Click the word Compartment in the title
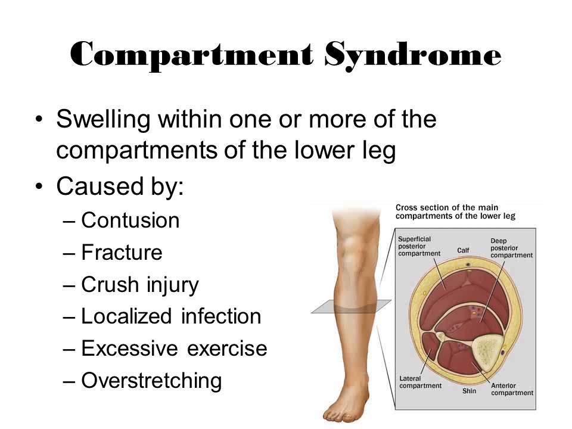pyautogui.click(x=191, y=55)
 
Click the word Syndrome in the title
pyautogui.click(x=413, y=55)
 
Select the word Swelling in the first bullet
pyautogui.click(x=103, y=120)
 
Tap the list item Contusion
pyautogui.click(x=130, y=220)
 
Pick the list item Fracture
pyautogui.click(x=122, y=253)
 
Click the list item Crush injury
pyautogui.click(x=139, y=285)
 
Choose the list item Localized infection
pyautogui.click(x=171, y=316)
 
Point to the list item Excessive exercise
pyautogui.click(x=174, y=349)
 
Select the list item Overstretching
pyautogui.click(x=151, y=381)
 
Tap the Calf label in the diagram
pyautogui.click(x=464, y=250)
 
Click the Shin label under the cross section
pyautogui.click(x=469, y=391)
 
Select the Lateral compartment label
pyautogui.click(x=420, y=383)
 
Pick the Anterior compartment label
pyautogui.click(x=512, y=389)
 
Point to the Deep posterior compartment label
pyautogui.click(x=511, y=248)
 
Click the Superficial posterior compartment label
pyautogui.click(x=419, y=246)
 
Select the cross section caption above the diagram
pyautogui.click(x=455, y=212)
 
